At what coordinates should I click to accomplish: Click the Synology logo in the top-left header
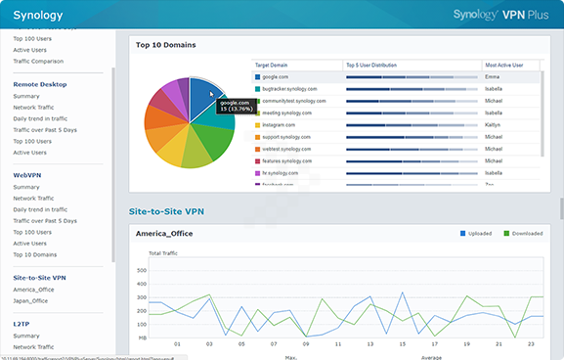click(38, 15)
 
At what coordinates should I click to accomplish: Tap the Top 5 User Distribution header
click(372, 65)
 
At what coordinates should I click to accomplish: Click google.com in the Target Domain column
click(275, 76)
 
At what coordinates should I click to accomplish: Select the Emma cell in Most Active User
click(493, 76)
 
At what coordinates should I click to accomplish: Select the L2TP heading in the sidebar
click(22, 323)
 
